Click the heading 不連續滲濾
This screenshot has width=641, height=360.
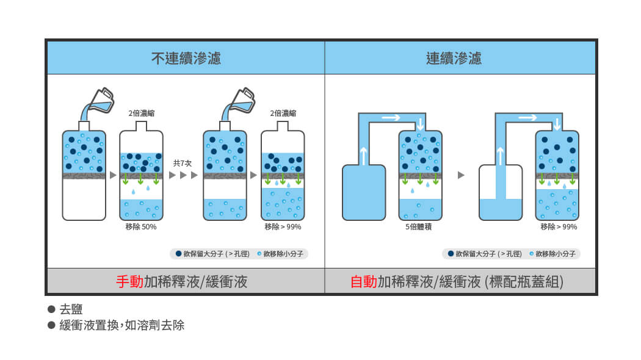186,59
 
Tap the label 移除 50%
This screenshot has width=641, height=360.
140,227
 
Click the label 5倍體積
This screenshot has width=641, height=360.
419,227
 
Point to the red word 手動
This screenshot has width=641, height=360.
129,281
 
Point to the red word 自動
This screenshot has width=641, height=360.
363,281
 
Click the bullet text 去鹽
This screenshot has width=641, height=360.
71,309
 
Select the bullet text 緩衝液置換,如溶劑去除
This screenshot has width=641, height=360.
121,325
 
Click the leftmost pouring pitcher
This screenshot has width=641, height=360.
100,101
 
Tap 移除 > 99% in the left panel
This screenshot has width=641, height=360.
282,227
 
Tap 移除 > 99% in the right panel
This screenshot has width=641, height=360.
558,227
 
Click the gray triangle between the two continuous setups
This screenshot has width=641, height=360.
461,176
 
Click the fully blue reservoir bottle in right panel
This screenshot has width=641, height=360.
363,192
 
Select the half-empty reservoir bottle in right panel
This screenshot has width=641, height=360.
500,192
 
